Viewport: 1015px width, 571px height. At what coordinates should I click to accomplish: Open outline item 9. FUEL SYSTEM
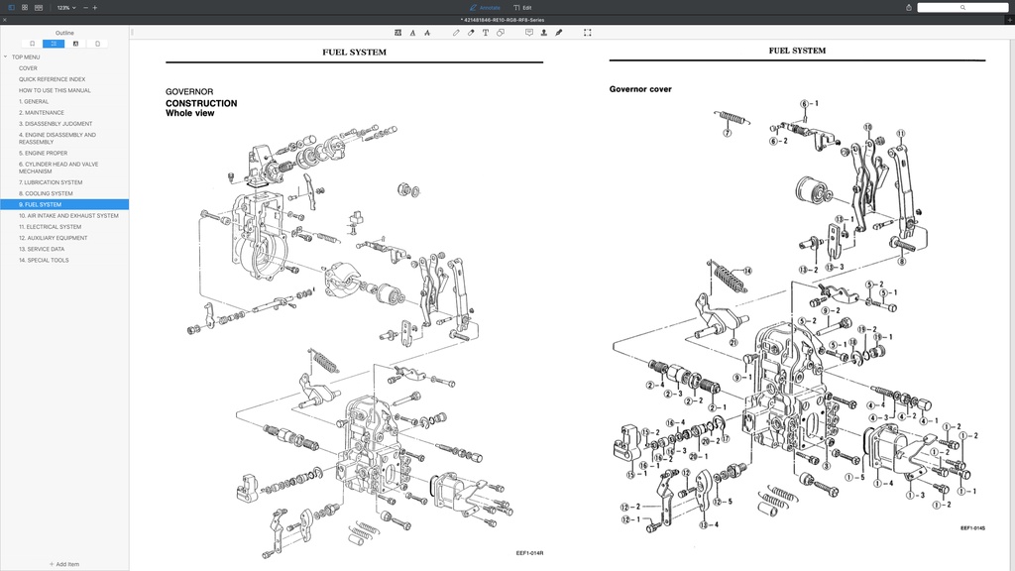point(40,204)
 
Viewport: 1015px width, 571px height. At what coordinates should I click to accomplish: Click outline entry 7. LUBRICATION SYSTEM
point(51,182)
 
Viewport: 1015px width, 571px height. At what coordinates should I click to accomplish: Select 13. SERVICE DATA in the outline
point(42,249)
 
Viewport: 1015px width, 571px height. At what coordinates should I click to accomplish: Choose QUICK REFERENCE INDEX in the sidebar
point(52,79)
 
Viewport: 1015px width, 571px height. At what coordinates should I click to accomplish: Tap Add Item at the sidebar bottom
point(64,564)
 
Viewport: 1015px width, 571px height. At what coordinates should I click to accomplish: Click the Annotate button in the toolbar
point(486,7)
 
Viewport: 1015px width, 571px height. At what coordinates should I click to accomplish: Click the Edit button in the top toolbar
point(523,7)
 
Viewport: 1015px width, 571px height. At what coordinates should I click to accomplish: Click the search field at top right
point(961,7)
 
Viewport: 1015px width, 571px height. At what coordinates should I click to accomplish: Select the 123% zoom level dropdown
point(65,7)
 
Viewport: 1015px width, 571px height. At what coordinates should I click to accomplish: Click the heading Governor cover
point(639,89)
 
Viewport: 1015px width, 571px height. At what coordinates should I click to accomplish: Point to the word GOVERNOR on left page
point(189,92)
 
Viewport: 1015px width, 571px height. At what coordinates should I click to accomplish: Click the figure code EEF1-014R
point(529,553)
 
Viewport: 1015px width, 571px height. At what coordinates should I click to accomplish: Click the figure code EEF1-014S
point(972,528)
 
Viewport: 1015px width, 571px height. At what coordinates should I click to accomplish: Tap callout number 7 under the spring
point(727,132)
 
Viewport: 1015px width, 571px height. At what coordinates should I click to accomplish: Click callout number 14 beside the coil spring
point(747,271)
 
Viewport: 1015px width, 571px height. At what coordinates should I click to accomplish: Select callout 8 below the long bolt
point(901,262)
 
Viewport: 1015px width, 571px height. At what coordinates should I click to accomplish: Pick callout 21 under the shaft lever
point(733,342)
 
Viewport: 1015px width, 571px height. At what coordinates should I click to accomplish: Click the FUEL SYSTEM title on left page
point(354,52)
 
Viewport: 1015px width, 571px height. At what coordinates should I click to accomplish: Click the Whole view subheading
point(189,113)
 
